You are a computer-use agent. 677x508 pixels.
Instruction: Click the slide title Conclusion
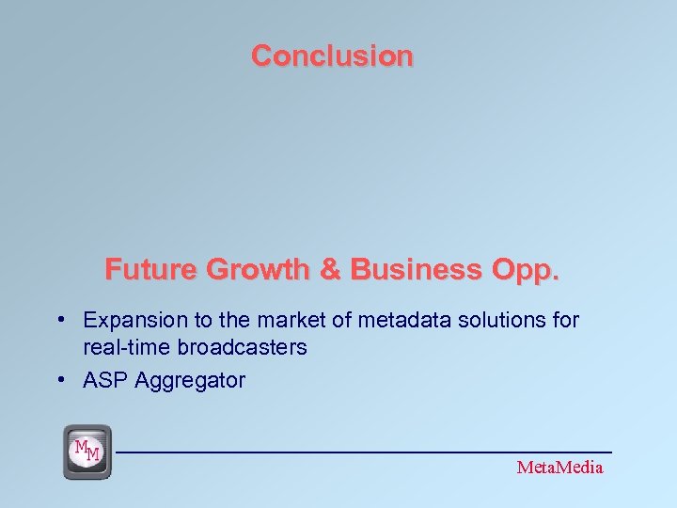point(332,56)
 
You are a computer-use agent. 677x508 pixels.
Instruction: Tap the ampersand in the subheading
point(330,270)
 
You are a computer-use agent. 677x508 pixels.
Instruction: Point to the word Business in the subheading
point(416,270)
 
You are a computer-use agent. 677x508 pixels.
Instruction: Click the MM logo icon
point(87,451)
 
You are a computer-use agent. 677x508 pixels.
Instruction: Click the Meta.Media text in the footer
point(559,468)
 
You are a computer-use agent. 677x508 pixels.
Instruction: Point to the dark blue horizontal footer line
point(367,452)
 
